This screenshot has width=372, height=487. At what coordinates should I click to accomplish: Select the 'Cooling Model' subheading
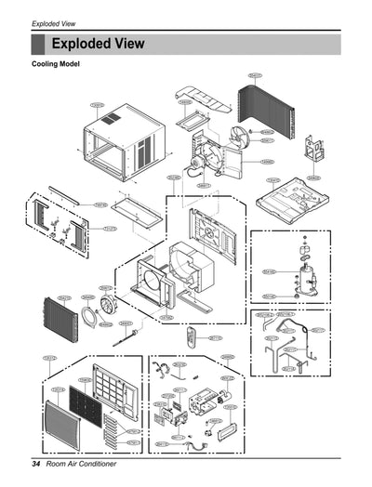(x=56, y=64)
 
